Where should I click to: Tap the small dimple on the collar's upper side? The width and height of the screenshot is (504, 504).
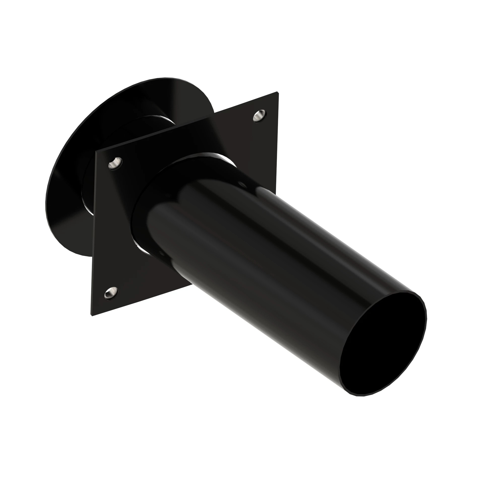243,184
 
